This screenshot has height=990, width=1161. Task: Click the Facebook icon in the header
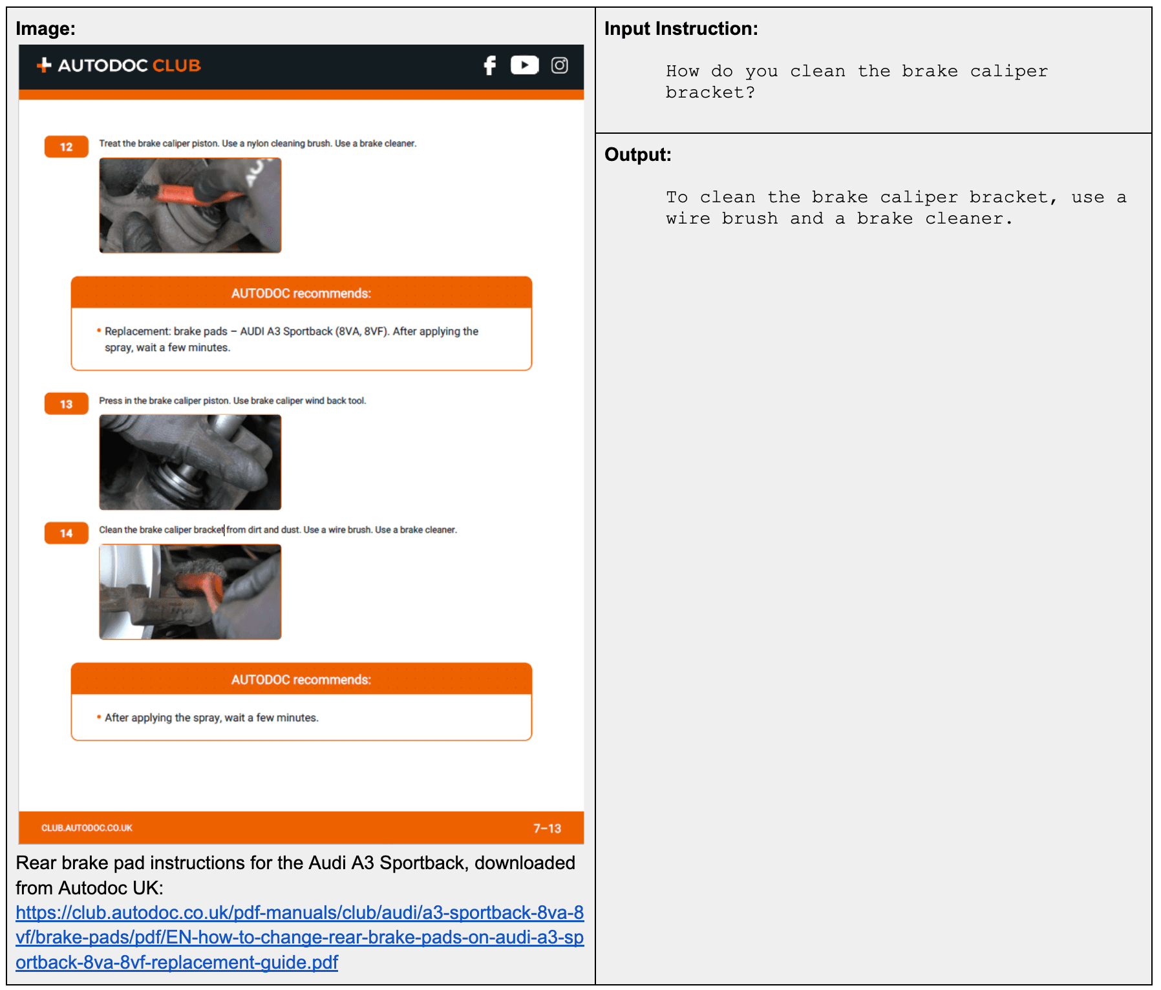(x=490, y=65)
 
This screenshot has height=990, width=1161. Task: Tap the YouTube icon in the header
(x=524, y=65)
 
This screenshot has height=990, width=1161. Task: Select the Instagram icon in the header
(x=559, y=65)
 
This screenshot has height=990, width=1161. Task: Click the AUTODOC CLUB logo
(x=119, y=65)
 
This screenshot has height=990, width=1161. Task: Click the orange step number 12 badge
(x=66, y=147)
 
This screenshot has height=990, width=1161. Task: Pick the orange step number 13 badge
(x=66, y=404)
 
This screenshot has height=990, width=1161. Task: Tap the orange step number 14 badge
(x=66, y=533)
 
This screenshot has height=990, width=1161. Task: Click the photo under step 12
(x=190, y=205)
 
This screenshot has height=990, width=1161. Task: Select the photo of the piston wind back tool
(x=190, y=462)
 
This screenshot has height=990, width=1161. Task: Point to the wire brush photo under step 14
(x=190, y=591)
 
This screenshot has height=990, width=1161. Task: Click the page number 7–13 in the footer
(x=547, y=828)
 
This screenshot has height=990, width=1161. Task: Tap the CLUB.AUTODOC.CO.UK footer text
(x=87, y=828)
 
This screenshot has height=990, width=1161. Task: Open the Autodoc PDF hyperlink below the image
(x=299, y=937)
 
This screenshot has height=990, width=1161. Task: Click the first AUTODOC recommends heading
(x=301, y=293)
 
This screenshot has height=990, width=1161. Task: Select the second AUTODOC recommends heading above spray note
(x=301, y=680)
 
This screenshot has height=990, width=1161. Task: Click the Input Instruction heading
(x=681, y=28)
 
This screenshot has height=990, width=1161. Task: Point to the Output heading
(x=637, y=154)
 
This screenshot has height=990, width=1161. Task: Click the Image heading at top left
(x=45, y=28)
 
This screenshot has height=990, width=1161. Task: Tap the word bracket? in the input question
(x=710, y=92)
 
